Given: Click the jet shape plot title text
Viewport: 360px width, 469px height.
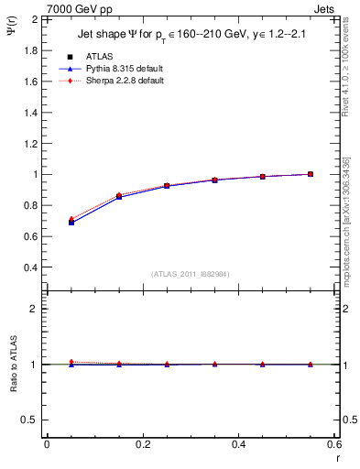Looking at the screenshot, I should point(192,36).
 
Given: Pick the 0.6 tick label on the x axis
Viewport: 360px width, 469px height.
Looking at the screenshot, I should point(334,444).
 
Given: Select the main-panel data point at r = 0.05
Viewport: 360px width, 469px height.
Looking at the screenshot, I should point(71,223).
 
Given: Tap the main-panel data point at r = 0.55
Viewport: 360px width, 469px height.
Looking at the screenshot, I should point(311,174).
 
